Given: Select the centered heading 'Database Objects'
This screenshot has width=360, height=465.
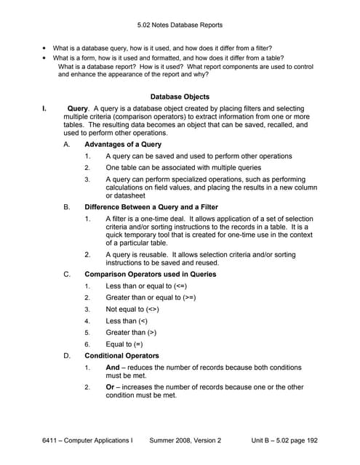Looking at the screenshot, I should (x=180, y=97).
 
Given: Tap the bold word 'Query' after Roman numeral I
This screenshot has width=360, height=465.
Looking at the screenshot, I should (x=77, y=108).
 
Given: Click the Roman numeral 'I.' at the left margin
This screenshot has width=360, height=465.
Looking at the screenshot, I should (x=44, y=108).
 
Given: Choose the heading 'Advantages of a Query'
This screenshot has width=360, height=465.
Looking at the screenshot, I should (x=122, y=145).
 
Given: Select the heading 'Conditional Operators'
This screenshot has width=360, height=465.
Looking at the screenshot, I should (x=121, y=356).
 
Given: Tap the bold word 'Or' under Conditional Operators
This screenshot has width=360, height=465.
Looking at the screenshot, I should (x=110, y=387).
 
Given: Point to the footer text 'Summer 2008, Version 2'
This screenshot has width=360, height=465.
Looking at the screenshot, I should (x=185, y=440).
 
